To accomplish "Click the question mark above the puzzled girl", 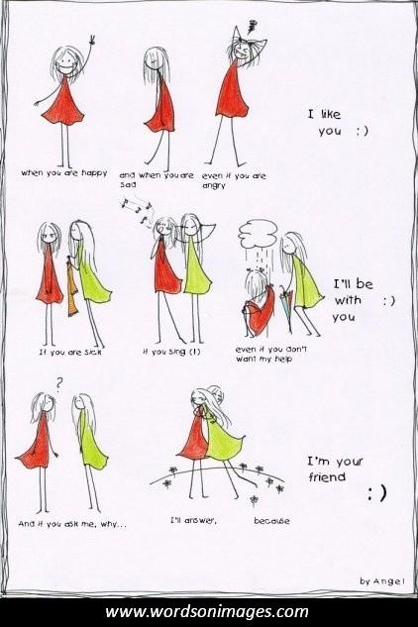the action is [58, 384].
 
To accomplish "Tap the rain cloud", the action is [258, 233].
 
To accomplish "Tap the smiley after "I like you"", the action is [362, 131].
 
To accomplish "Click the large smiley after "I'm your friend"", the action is [377, 493].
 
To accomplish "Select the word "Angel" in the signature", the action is [389, 581].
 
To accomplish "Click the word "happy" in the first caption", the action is [94, 173].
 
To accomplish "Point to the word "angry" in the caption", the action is [214, 186].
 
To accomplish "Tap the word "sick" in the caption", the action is [93, 353].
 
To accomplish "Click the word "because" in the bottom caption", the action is [271, 521].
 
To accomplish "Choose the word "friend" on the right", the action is [327, 476].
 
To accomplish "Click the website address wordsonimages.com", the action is [207, 612].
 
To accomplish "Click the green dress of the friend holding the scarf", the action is [93, 276].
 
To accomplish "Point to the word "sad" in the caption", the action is [128, 185].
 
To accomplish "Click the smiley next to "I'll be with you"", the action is [389, 301].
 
